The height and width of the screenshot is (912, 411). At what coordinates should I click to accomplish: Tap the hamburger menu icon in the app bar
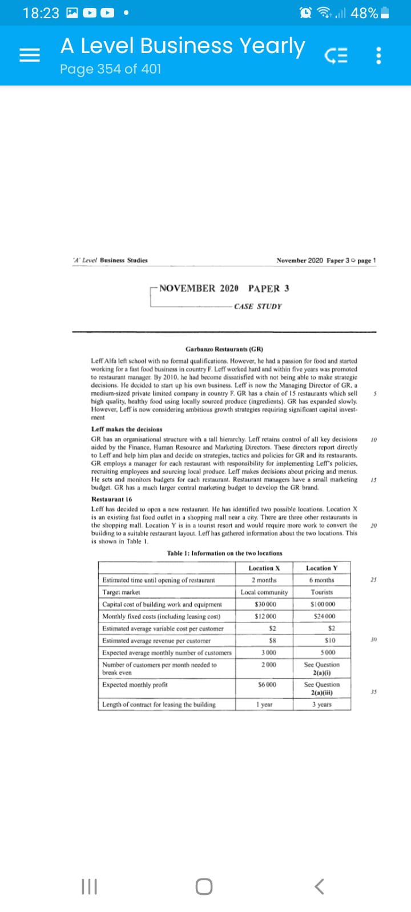[30, 55]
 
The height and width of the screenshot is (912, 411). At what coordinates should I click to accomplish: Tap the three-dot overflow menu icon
[378, 55]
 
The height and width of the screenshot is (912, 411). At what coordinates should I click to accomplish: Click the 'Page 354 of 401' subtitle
[111, 69]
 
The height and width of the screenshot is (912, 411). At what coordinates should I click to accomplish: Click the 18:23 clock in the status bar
[41, 13]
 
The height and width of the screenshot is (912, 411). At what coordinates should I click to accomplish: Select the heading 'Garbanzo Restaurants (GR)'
[224, 349]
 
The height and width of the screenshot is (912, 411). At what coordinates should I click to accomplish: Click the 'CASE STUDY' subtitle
[258, 307]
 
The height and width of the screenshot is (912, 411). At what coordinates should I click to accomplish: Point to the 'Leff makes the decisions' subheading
[127, 429]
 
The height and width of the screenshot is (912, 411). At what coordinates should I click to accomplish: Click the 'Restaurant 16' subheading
[112, 499]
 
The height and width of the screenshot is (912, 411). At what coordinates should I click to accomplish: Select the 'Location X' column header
[264, 568]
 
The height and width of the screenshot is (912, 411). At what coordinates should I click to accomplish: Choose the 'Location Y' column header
[322, 568]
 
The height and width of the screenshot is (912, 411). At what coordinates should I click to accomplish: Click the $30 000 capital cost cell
[265, 604]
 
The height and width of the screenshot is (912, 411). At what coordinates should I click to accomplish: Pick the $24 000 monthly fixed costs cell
[323, 616]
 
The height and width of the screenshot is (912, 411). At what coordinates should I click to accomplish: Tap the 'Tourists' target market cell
[322, 592]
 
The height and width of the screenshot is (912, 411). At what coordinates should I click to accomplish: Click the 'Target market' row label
[121, 592]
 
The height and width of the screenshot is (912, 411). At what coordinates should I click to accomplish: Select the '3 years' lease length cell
[322, 705]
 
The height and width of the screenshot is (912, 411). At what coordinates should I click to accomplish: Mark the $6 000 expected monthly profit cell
[265, 685]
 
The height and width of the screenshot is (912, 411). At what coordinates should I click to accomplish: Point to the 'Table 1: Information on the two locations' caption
[224, 553]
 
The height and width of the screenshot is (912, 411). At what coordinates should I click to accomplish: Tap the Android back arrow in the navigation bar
[319, 886]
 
